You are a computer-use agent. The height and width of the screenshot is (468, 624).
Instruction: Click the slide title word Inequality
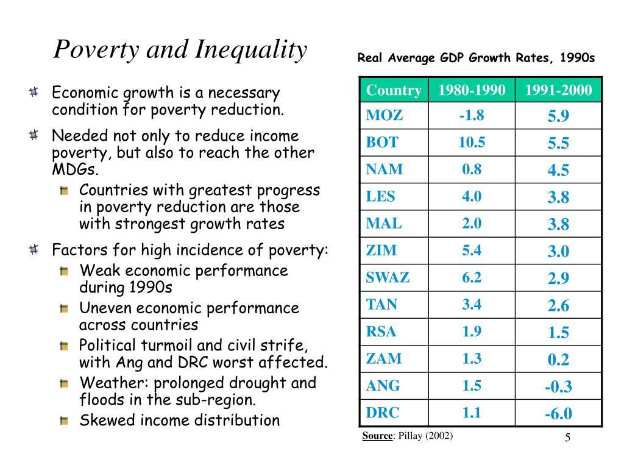(250, 49)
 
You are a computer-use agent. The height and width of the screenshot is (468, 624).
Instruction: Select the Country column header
(394, 90)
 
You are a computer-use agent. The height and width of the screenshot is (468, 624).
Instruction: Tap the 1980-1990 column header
(472, 90)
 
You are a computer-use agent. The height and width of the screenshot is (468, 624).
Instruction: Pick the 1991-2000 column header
(558, 90)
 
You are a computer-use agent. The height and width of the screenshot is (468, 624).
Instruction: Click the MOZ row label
(384, 115)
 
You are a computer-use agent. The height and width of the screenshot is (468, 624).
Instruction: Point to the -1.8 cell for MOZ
(472, 115)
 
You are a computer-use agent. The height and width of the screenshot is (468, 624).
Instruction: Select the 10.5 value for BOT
(472, 142)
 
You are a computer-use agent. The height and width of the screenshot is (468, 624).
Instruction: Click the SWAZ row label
(388, 277)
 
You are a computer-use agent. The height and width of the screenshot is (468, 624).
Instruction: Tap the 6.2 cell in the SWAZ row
(472, 277)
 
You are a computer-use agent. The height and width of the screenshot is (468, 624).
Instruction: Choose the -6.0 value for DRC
(558, 414)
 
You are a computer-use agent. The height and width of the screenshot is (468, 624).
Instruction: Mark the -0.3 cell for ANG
(558, 387)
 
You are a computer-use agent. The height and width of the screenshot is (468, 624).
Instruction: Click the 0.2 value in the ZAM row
(558, 360)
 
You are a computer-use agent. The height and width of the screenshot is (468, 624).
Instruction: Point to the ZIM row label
(381, 250)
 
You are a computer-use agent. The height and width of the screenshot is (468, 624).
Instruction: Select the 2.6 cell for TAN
(558, 306)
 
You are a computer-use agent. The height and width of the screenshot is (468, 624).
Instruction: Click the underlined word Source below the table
(377, 435)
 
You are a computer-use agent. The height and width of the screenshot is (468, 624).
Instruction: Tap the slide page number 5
(567, 438)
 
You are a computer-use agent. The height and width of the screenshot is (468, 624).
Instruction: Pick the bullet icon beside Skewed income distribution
(63, 420)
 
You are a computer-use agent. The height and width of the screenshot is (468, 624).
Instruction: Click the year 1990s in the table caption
(578, 58)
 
